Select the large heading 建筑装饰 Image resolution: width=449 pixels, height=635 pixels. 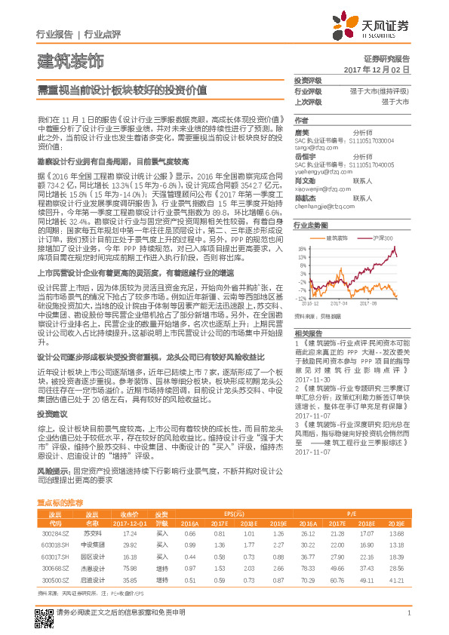click(x=70, y=60)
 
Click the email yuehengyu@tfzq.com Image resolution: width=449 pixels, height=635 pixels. click(x=320, y=170)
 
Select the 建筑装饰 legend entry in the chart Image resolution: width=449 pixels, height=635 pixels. click(x=343, y=238)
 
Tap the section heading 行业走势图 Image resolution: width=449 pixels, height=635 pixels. click(x=309, y=225)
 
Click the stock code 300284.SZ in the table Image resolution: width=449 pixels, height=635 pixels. click(x=55, y=532)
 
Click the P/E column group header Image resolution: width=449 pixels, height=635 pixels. click(x=352, y=512)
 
